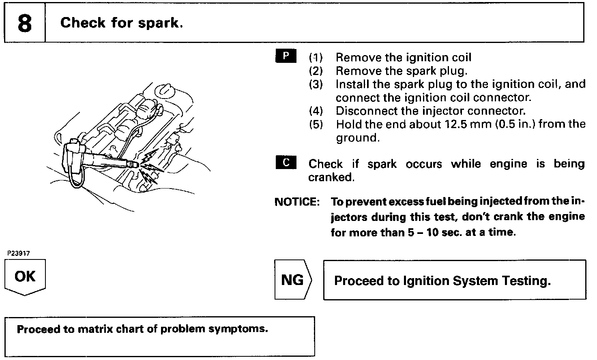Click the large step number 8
[24, 24]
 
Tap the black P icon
[286, 56]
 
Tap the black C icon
[286, 163]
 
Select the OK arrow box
[25, 277]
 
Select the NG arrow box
[293, 280]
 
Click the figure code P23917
[19, 253]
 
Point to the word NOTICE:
[297, 202]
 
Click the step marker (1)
[316, 58]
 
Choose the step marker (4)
[316, 111]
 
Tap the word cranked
[331, 177]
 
